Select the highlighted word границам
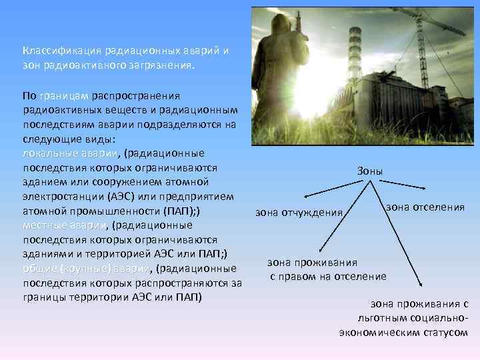(65, 95)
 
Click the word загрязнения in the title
(161, 66)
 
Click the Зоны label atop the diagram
(370, 171)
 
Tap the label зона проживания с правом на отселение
(327, 269)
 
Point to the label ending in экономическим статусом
(403, 331)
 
